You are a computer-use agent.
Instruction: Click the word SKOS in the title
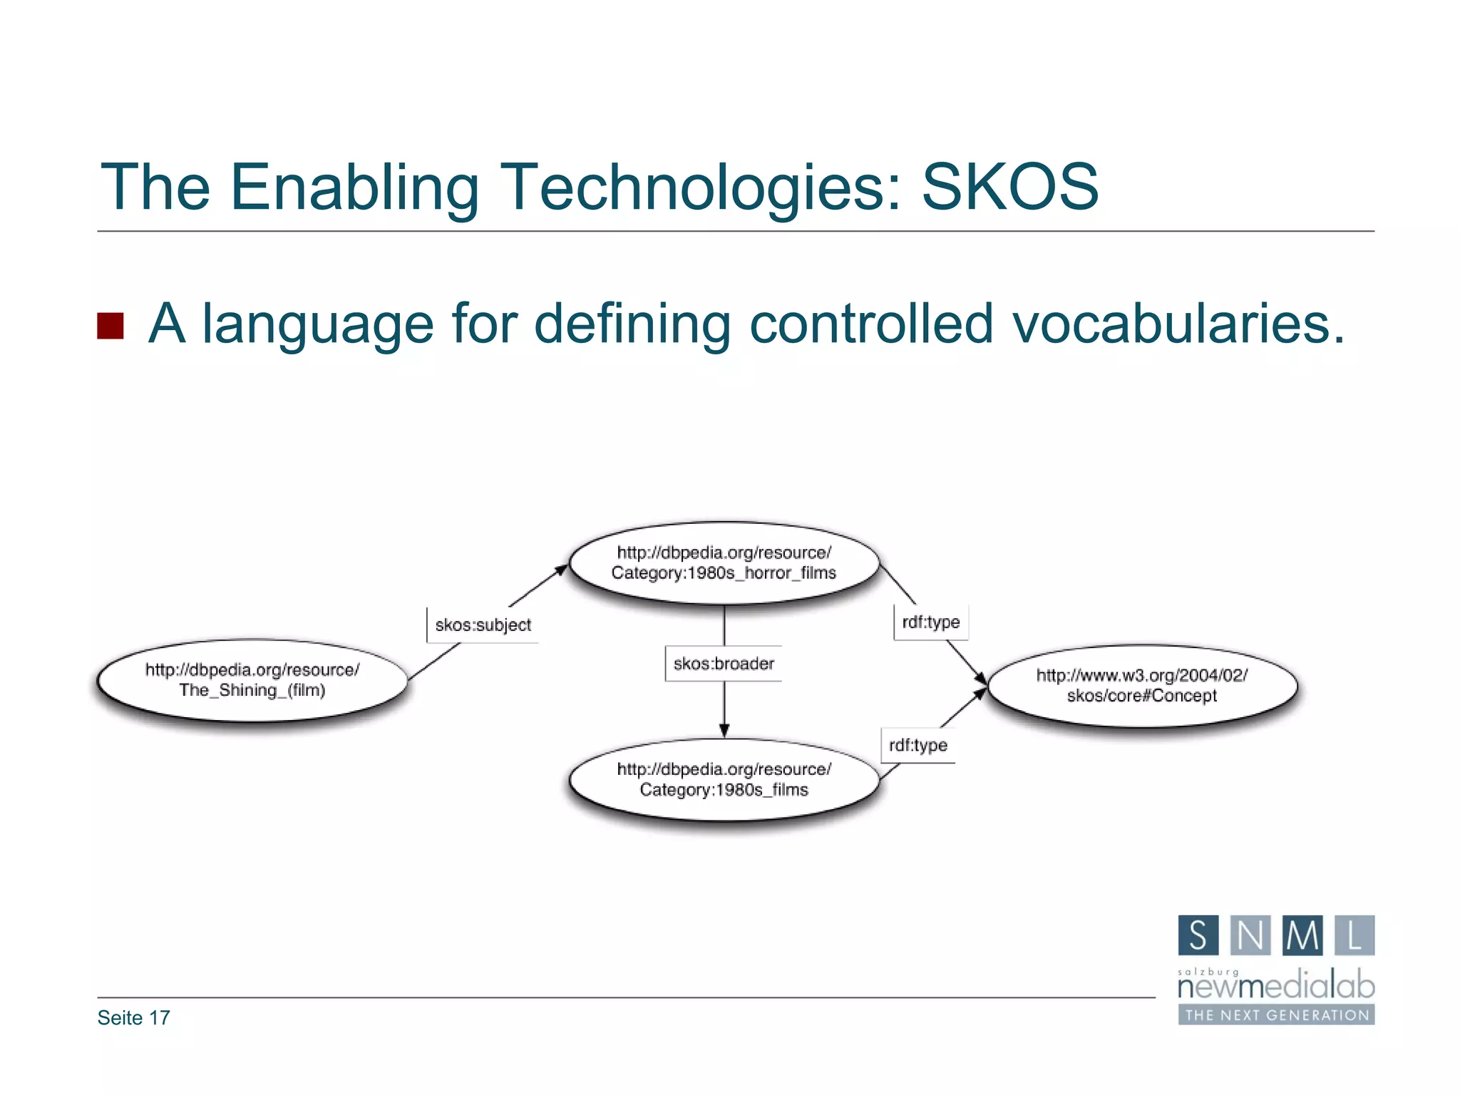[x=1009, y=187]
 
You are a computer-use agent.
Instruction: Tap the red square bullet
[x=110, y=326]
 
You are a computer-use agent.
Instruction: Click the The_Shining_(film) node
[x=252, y=680]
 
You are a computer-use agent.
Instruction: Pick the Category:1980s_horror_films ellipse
[x=724, y=562]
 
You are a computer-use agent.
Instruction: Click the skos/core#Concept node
[x=1142, y=686]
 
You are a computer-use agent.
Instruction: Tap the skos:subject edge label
[x=483, y=625]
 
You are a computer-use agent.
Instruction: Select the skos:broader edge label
[x=724, y=664]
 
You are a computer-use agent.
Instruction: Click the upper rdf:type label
[x=930, y=622]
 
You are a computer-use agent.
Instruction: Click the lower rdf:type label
[x=917, y=746]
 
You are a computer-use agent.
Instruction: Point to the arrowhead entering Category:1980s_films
[x=724, y=730]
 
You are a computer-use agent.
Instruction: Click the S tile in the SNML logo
[x=1198, y=935]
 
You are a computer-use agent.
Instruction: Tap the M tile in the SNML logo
[x=1302, y=935]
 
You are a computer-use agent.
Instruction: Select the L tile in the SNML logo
[x=1354, y=935]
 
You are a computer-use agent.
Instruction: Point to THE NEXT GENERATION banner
[x=1275, y=1015]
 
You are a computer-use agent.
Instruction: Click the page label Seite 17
[x=134, y=1018]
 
